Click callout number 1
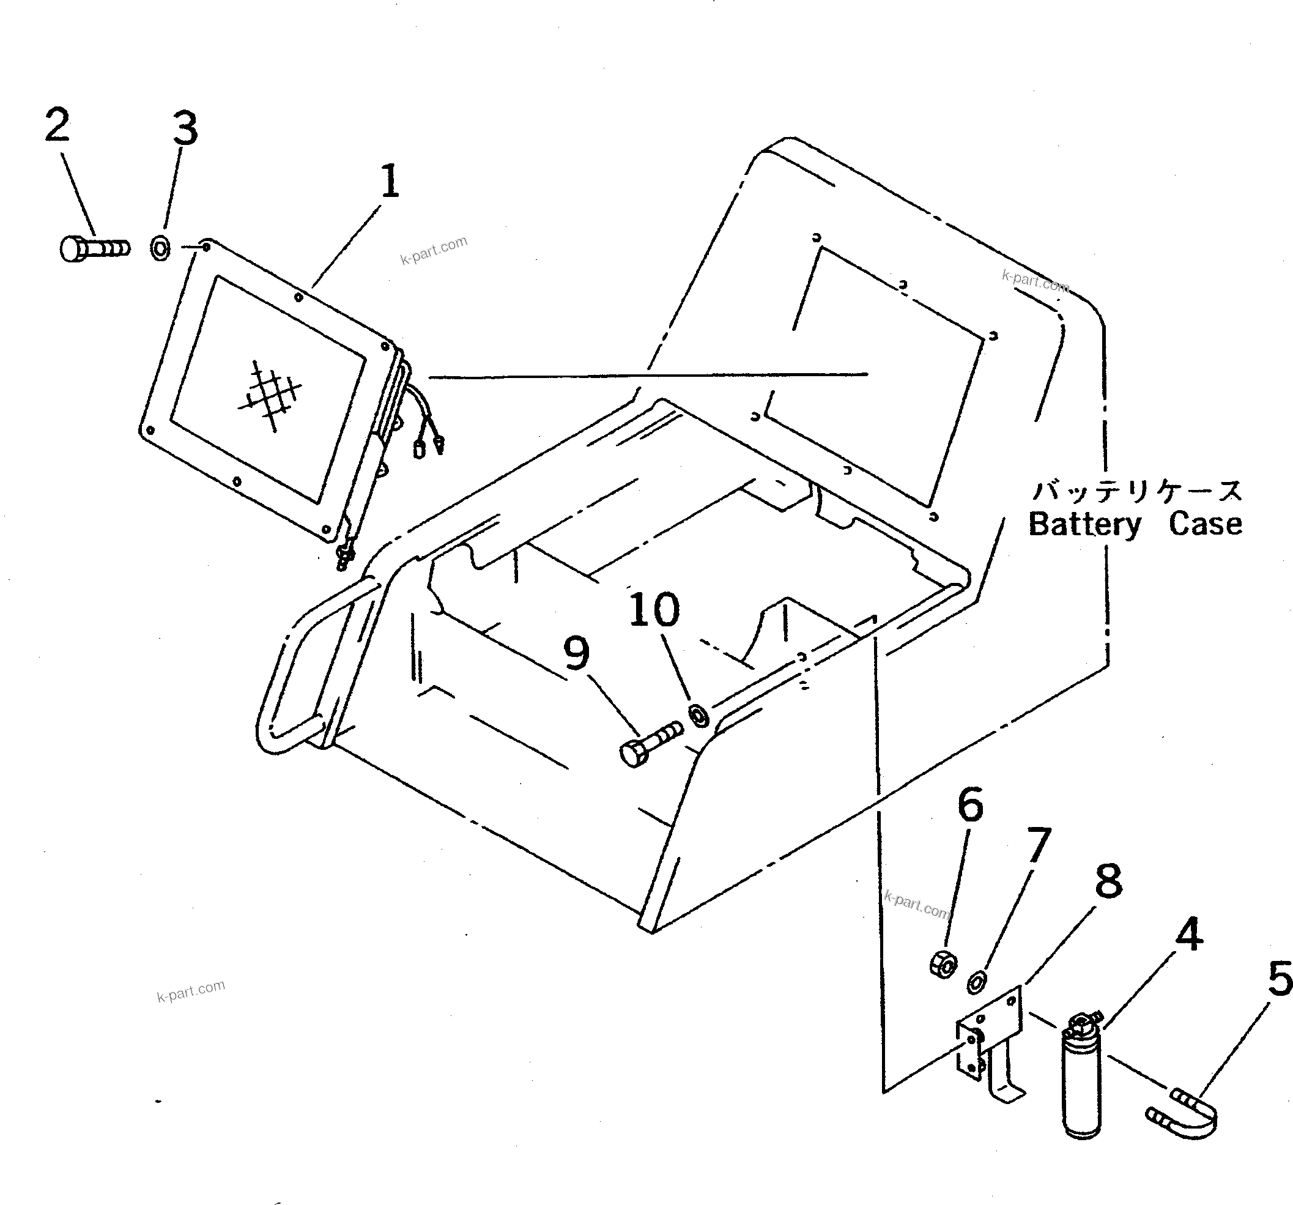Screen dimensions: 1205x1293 pyautogui.click(x=390, y=182)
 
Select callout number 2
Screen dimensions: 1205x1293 pyautogui.click(x=57, y=125)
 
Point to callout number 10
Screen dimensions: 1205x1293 pyautogui.click(x=654, y=610)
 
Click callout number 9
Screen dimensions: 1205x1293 pyautogui.click(x=576, y=653)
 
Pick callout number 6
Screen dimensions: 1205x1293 pyautogui.click(x=971, y=804)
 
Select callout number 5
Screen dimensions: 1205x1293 pyautogui.click(x=1279, y=979)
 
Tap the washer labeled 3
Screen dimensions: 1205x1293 pyautogui.click(x=160, y=248)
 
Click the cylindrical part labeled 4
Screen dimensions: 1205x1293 pyautogui.click(x=1081, y=1083)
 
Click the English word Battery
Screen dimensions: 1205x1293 pyautogui.click(x=1084, y=525)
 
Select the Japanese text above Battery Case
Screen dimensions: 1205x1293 pyautogui.click(x=1138, y=492)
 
